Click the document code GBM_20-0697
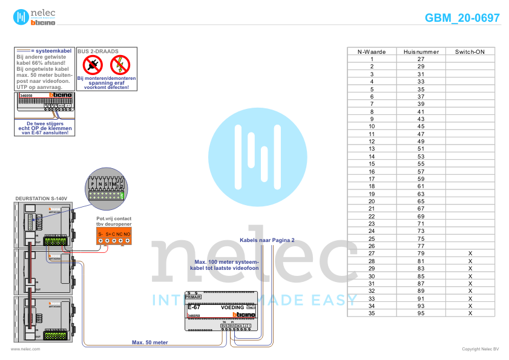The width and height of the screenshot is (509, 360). tap(462, 18)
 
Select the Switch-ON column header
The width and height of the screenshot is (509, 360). tap(470, 52)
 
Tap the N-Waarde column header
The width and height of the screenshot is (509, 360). tap(372, 52)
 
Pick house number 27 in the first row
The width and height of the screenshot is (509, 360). tap(421, 59)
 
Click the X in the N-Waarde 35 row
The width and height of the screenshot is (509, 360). tap(470, 313)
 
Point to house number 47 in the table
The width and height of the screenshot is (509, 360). tap(421, 134)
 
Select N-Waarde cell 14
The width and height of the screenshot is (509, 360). tap(372, 156)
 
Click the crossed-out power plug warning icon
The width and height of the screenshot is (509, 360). tap(92, 65)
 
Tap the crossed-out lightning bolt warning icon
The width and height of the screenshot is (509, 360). tap(120, 65)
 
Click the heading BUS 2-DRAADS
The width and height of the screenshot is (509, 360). tap(98, 52)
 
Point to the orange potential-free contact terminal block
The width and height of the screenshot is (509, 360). tap(114, 237)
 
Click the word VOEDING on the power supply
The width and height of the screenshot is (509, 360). tap(232, 308)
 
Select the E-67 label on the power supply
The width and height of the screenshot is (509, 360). tap(194, 307)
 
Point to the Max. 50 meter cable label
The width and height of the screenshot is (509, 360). tap(149, 342)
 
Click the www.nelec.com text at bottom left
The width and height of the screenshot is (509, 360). tap(25, 349)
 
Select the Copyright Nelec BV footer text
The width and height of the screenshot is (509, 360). tap(480, 349)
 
